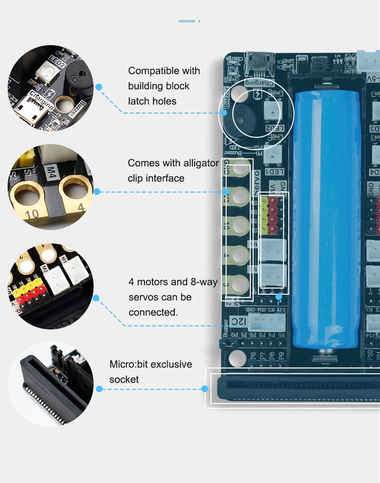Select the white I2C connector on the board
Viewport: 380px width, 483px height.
(264, 322)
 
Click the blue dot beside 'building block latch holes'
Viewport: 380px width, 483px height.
(99, 87)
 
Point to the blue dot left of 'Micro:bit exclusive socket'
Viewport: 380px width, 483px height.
(99, 389)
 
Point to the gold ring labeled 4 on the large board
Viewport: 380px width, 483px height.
(241, 255)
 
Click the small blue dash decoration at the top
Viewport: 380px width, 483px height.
(187, 21)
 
